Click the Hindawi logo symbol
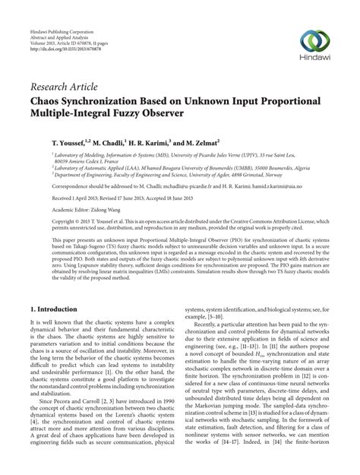coord(320,43)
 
